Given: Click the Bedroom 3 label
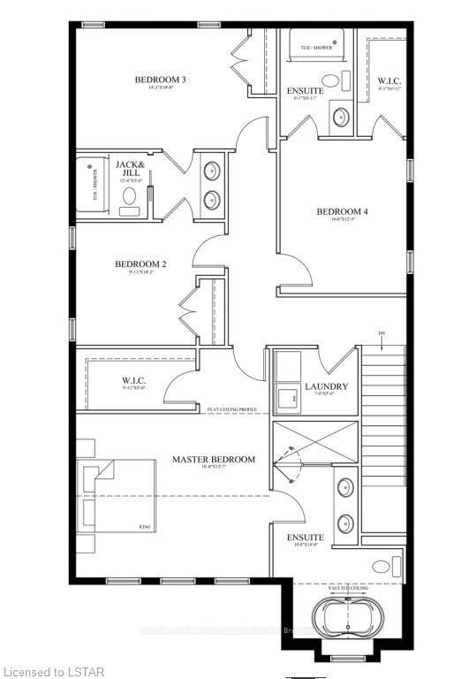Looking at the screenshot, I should click(x=160, y=80).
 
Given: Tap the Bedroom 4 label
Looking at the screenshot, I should click(x=342, y=211).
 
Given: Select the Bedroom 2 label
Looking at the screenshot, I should click(x=140, y=263).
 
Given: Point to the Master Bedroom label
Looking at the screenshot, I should click(x=214, y=459).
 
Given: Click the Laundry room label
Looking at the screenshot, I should click(x=326, y=386).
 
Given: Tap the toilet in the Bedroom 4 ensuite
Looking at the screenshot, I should click(x=338, y=117).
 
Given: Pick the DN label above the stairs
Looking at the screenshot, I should click(x=382, y=333).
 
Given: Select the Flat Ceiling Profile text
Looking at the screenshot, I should click(x=231, y=409).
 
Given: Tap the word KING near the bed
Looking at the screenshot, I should click(x=144, y=527).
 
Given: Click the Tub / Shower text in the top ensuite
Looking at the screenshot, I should click(x=317, y=48).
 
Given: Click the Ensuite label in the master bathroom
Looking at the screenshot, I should click(x=305, y=537).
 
